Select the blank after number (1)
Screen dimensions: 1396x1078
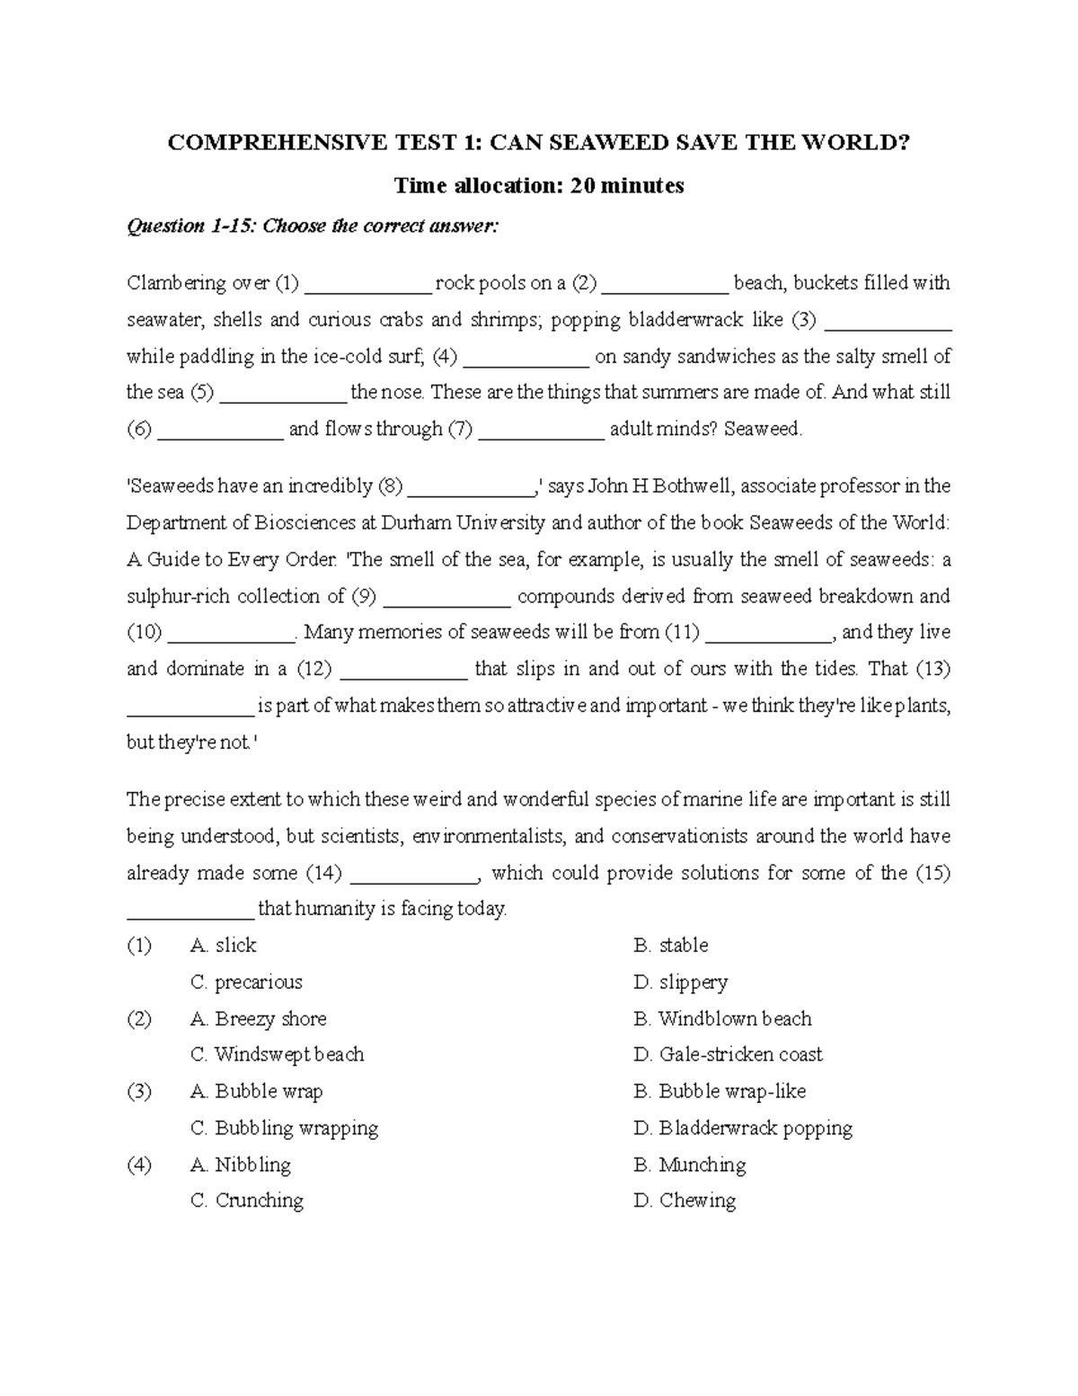368,285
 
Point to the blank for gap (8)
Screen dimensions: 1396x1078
470,488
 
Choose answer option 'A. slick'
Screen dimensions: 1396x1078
224,946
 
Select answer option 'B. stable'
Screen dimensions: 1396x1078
671,946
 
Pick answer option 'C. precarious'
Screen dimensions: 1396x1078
247,983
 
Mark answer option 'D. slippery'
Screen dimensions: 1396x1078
680,983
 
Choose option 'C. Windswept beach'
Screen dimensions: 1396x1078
278,1054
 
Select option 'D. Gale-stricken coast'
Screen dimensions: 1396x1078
728,1054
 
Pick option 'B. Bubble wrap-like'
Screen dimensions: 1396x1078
720,1091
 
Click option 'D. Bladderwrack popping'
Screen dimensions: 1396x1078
743,1128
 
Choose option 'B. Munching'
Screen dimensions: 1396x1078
690,1165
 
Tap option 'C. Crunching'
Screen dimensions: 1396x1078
247,1201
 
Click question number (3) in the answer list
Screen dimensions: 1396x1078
139,1091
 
